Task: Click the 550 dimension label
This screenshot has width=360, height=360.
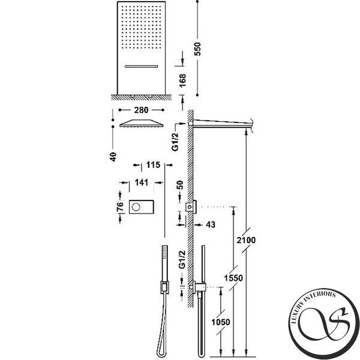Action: [197, 49]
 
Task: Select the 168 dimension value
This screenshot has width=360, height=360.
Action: [182, 80]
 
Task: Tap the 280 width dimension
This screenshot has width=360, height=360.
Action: [141, 110]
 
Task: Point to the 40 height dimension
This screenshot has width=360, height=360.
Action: [113, 157]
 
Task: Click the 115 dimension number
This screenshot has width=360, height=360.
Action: [153, 164]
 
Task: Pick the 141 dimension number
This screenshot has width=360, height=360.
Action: [141, 182]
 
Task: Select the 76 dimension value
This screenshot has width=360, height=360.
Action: [120, 206]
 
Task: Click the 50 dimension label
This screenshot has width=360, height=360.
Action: [181, 185]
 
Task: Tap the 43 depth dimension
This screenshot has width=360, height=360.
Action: [211, 224]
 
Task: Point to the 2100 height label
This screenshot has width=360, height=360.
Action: [246, 240]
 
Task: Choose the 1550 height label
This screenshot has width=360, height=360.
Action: [233, 278]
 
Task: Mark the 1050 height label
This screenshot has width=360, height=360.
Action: [221, 322]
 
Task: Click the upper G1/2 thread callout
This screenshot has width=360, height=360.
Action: [175, 142]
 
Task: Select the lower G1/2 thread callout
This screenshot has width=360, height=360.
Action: [182, 259]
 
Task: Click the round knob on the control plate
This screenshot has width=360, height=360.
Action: [136, 207]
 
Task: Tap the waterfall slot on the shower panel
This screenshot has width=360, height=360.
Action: [141, 67]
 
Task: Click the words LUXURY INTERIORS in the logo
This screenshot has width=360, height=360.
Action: [313, 304]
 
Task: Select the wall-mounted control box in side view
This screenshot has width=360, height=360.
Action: [191, 207]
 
